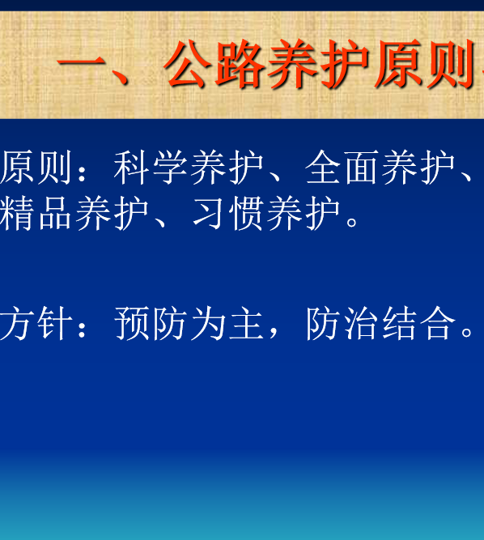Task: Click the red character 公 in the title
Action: coord(188,63)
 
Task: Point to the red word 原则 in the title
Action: coord(424,64)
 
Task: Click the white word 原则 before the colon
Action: coord(36,167)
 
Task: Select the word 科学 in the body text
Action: coord(151,167)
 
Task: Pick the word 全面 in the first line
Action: coord(342,167)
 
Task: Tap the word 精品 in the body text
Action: coord(36,214)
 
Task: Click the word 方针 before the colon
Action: coord(36,323)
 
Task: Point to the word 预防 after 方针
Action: coord(151,323)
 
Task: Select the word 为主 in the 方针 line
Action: coord(227,323)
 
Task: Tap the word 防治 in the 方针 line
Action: coord(342,323)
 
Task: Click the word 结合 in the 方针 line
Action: coord(418,323)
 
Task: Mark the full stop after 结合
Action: coord(467,332)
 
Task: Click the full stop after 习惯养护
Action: coord(352,222)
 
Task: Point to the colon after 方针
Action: coord(82,325)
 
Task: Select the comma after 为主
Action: coord(274,333)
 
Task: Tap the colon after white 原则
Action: coord(82,169)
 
